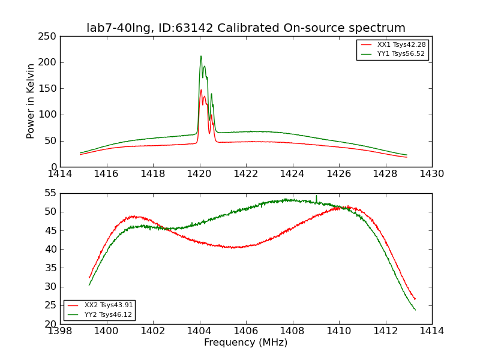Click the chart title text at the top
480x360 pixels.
(246, 28)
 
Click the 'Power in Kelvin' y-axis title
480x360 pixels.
(31, 101)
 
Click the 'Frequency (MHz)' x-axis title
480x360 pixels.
(246, 343)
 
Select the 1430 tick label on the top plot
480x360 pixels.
(432, 174)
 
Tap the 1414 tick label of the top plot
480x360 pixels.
(60, 174)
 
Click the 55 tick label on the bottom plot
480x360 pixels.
(50, 193)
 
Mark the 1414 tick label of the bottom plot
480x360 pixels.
(432, 331)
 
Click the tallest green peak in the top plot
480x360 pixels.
(201, 56)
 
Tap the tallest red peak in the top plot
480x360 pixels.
(201, 91)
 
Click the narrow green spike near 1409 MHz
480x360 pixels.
(316, 196)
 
